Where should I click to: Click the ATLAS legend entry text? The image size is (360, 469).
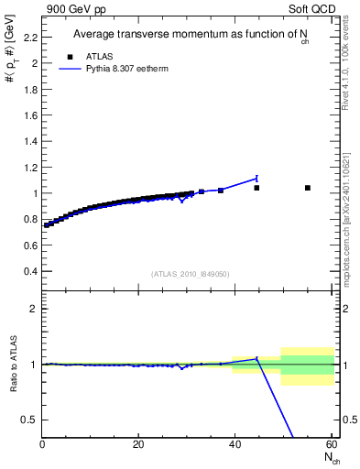click(101, 56)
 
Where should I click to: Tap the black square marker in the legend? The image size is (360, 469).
click(71, 56)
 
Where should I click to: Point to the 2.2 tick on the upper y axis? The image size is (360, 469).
click(31, 38)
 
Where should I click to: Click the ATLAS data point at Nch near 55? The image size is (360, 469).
click(308, 188)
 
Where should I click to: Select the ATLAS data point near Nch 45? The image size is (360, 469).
click(256, 188)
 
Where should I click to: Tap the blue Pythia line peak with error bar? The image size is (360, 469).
click(256, 178)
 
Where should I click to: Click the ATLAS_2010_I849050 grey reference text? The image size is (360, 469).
click(191, 273)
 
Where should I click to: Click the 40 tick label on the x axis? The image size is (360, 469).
click(235, 444)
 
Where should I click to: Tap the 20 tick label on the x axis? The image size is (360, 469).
click(138, 444)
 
